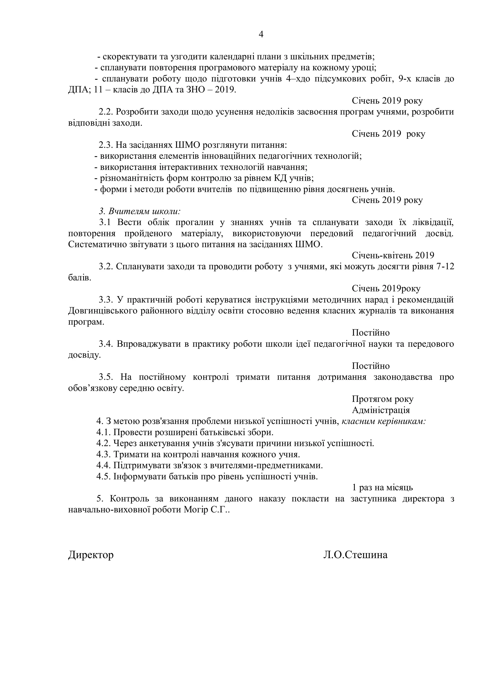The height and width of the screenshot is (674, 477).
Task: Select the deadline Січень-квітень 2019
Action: [393, 255]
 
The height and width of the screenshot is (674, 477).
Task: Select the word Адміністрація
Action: [381, 410]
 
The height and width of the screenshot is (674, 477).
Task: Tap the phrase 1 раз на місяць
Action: [382, 488]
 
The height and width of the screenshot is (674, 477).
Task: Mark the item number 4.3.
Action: [103, 455]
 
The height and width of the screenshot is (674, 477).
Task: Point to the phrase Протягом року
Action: [383, 399]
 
